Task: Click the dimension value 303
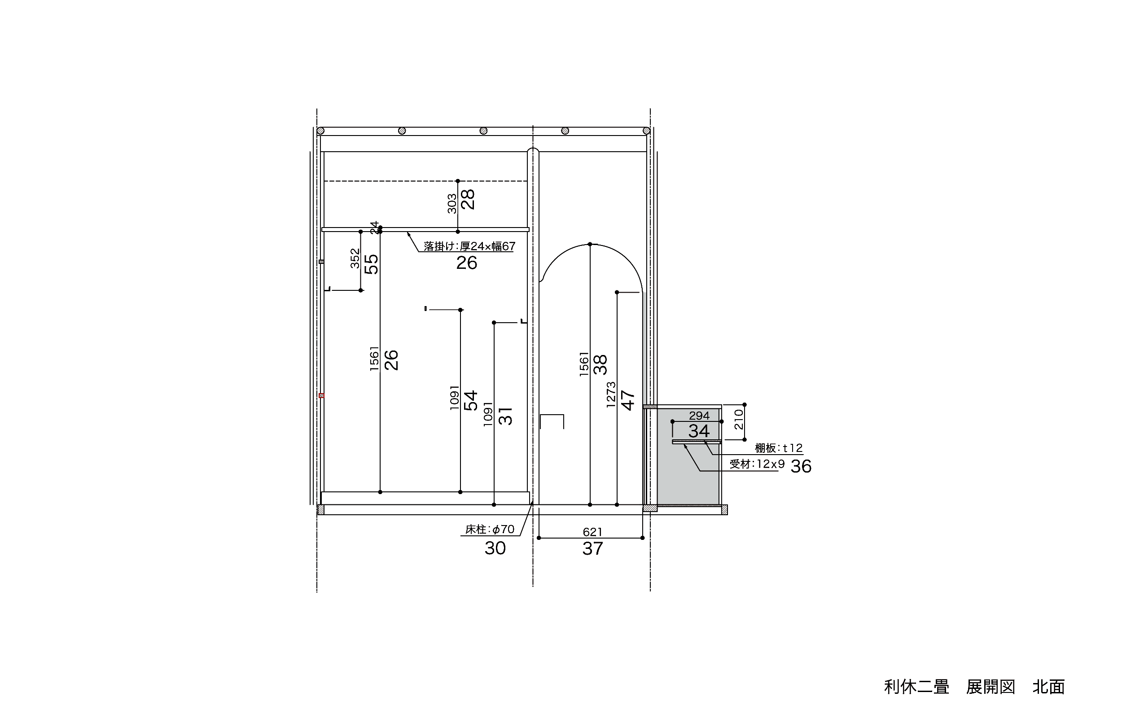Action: [x=451, y=204]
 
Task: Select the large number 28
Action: [x=468, y=199]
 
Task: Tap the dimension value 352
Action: [x=355, y=258]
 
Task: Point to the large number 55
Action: [x=371, y=264]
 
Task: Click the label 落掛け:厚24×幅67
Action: [x=469, y=246]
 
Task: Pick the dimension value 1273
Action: [x=611, y=394]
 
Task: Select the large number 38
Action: [x=600, y=364]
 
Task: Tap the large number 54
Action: [x=471, y=401]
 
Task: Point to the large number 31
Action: [x=505, y=416]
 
